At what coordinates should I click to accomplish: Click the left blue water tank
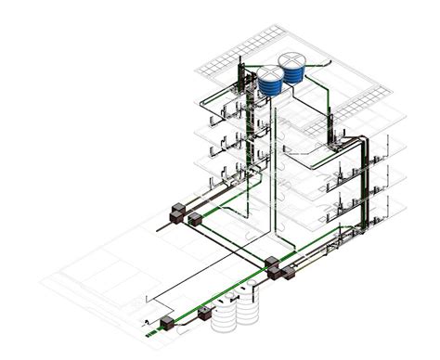[270, 84]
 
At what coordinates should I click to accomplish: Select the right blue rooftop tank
[294, 71]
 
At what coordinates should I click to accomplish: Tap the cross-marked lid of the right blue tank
[294, 59]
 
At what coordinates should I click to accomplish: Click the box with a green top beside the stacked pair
[195, 220]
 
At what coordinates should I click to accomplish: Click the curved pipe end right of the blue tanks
[320, 63]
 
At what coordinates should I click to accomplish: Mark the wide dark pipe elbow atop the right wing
[353, 140]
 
